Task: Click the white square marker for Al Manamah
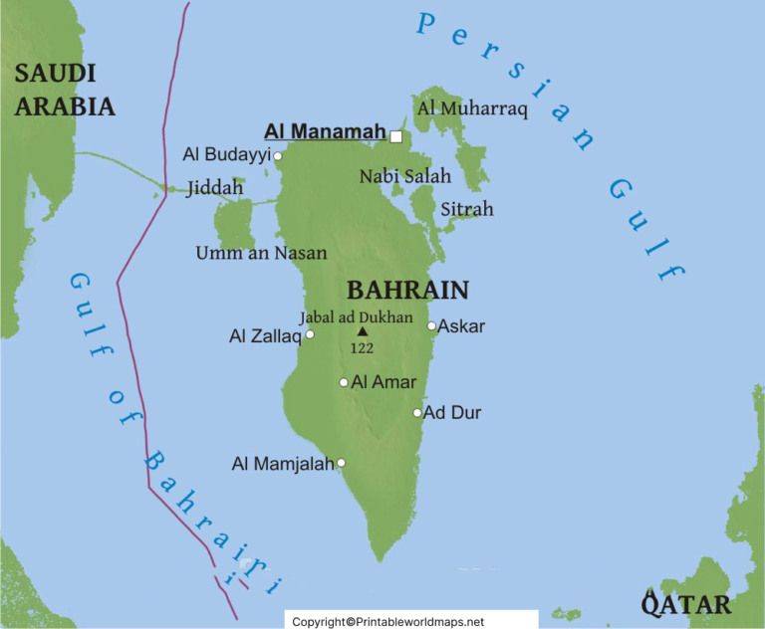tap(396, 136)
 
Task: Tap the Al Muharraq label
tap(472, 108)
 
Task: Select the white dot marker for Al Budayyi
tap(278, 155)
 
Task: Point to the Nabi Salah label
tap(404, 176)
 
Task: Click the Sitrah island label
tap(467, 210)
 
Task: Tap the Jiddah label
tap(214, 187)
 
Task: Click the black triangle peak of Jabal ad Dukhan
tap(362, 332)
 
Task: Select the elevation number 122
tap(362, 348)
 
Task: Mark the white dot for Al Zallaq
tap(310, 334)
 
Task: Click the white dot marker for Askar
tap(431, 325)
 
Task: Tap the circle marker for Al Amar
tap(344, 382)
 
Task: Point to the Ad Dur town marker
tap(417, 412)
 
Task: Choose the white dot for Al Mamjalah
tap(342, 463)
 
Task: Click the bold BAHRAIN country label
tap(406, 291)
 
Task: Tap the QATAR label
tap(686, 603)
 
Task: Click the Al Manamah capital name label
tap(324, 131)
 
